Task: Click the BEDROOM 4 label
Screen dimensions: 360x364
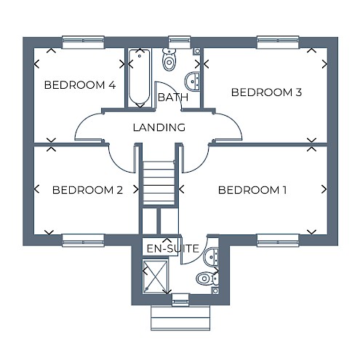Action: point(80,85)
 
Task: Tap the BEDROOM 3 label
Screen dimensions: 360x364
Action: point(266,92)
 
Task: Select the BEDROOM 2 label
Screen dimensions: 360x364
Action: point(87,190)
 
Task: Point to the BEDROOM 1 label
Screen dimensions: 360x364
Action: point(252,190)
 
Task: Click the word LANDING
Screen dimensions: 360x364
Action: point(159,127)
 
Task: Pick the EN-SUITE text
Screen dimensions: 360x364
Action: point(173,248)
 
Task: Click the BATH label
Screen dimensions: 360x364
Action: point(173,98)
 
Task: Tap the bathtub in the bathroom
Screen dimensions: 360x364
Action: point(140,78)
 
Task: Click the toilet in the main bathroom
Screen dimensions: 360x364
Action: point(169,59)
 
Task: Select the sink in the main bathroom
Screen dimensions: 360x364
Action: point(193,82)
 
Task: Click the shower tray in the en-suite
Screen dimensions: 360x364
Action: point(155,277)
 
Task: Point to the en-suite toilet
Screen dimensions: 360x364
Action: point(207,278)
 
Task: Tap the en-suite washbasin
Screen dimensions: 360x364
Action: point(211,257)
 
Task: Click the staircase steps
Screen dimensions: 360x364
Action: point(159,183)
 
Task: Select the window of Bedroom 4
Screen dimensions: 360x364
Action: point(84,42)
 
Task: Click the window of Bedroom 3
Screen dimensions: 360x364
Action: point(278,42)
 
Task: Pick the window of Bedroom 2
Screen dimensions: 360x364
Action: point(84,240)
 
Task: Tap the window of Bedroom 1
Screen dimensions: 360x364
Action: point(278,240)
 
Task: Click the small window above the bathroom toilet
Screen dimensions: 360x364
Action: point(180,42)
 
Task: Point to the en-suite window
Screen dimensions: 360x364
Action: point(180,299)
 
